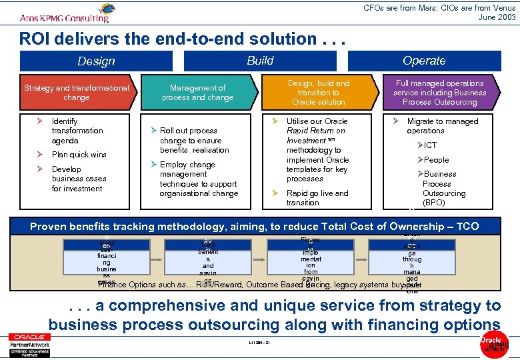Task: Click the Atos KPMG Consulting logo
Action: coord(66,13)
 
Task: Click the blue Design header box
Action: coord(96,61)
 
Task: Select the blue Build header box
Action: coord(260,61)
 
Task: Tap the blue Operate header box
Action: coord(424,61)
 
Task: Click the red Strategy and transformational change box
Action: coord(77,93)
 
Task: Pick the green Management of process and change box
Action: coord(198,93)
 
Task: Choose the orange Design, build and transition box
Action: coord(319,93)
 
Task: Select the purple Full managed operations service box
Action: coord(439,93)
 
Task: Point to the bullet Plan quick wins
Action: coord(79,155)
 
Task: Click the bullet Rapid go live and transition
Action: coord(317,198)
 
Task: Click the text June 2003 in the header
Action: coord(497,17)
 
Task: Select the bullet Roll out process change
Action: coord(194,141)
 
